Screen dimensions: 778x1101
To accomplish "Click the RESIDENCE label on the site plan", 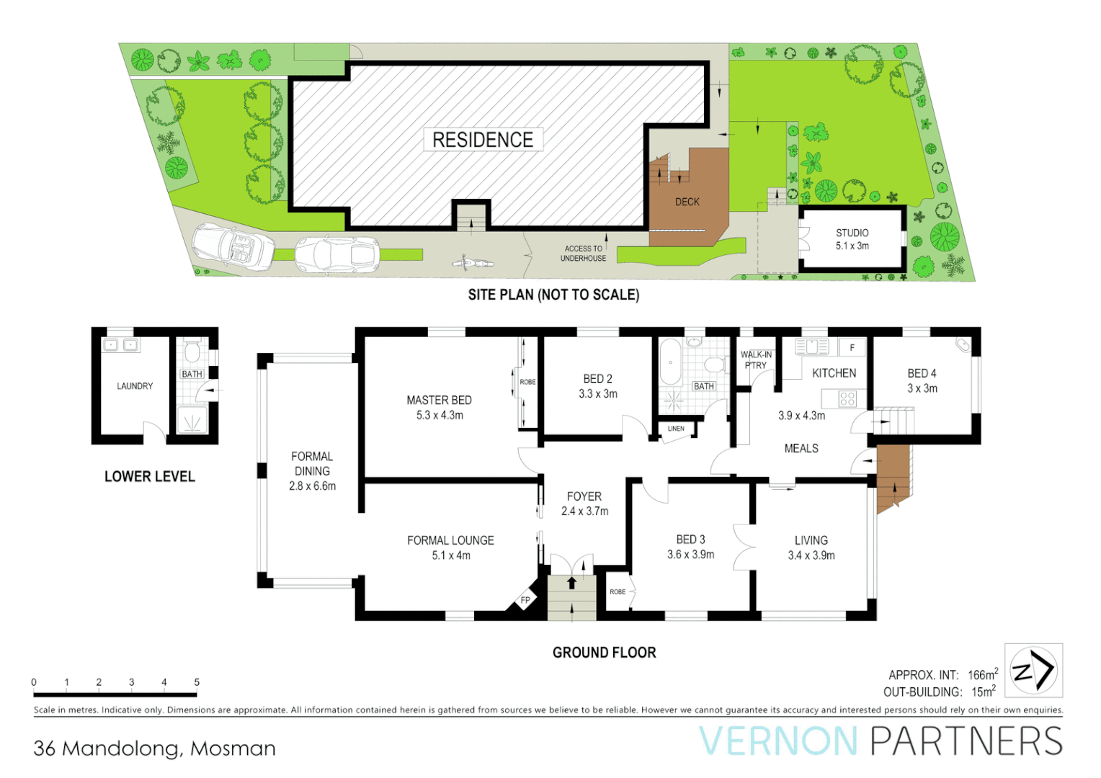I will [482, 140].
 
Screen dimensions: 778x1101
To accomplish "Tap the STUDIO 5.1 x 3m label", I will [852, 239].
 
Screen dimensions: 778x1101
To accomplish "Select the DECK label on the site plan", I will [687, 202].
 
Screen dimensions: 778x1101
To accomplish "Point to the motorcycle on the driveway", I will [472, 262].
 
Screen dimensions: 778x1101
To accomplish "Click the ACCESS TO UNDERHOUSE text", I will [583, 254].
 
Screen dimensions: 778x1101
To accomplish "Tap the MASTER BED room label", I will [439, 407].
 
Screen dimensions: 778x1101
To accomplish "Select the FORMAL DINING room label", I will [312, 471].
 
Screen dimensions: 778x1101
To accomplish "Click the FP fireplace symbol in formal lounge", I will [525, 600].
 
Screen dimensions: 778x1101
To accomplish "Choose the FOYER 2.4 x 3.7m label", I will [584, 504].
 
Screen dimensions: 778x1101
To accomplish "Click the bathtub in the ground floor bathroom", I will [670, 363].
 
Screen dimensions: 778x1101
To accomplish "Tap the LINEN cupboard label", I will [676, 429].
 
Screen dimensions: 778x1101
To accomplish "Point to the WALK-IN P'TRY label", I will [756, 359].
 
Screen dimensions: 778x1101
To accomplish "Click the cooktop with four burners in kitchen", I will [847, 398].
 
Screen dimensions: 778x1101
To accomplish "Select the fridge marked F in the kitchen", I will [852, 347].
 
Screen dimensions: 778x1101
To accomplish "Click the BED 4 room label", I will [922, 380].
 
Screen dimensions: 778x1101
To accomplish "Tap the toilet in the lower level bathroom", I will [192, 352].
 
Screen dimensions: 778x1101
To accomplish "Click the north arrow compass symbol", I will [1033, 671].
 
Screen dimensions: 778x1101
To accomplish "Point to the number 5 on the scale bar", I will [197, 682].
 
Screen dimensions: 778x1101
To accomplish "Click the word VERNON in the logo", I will [778, 741].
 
